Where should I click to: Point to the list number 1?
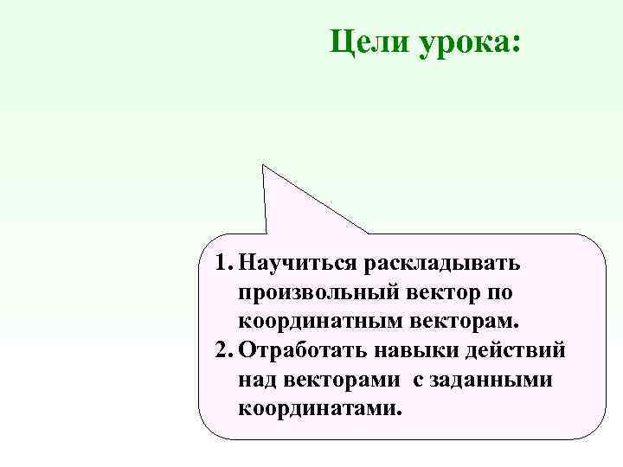[222, 259]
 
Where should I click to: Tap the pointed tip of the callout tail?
[265, 164]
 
